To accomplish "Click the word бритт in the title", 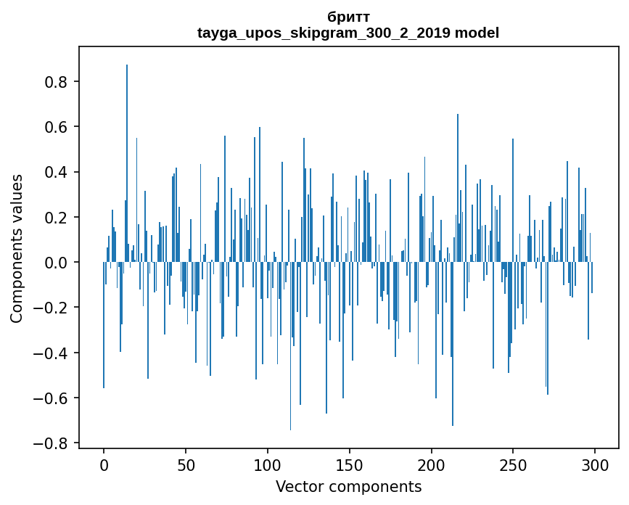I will pyautogui.click(x=348, y=17).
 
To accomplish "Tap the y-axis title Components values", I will pyautogui.click(x=17, y=248).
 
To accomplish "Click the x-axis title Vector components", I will pyautogui.click(x=348, y=486).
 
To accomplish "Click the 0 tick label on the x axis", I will pyautogui.click(x=104, y=464).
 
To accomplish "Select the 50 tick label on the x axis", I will pyautogui.click(x=186, y=464).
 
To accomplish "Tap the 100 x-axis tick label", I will pyautogui.click(x=268, y=464).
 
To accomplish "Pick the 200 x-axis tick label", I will pyautogui.click(x=432, y=464).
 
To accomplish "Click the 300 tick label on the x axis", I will pyautogui.click(x=596, y=464).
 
